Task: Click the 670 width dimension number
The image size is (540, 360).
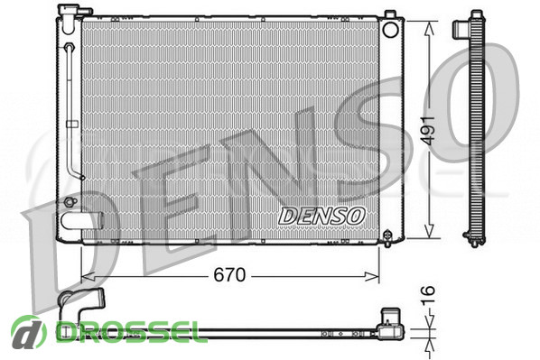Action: [229, 275]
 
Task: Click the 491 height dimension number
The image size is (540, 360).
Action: [429, 131]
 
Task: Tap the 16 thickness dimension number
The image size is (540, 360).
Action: [428, 295]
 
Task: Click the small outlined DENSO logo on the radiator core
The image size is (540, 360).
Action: [321, 217]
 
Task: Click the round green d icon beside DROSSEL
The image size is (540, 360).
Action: [29, 332]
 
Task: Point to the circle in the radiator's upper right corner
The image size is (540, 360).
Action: [390, 29]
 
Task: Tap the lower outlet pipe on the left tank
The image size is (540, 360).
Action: [82, 221]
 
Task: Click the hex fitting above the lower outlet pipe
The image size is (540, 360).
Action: [70, 202]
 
